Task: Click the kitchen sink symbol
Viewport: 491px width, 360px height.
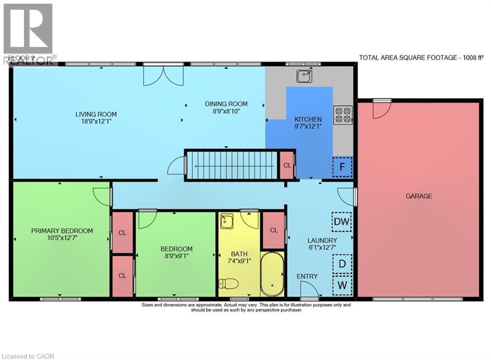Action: tap(303, 76)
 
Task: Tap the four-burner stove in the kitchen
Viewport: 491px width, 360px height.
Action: tap(343, 115)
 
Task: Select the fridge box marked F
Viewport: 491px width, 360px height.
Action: tap(342, 167)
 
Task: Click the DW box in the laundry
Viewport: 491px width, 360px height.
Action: tap(342, 221)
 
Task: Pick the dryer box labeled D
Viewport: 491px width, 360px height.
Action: tap(342, 264)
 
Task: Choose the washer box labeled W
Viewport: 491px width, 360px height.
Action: tap(342, 285)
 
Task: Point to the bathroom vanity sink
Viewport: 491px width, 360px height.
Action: tap(226, 222)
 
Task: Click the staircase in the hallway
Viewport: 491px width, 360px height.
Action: tap(233, 165)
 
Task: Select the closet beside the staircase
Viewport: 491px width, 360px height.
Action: tap(287, 165)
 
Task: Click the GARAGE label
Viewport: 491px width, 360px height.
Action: tap(419, 196)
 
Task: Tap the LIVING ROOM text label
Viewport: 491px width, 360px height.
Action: tap(96, 114)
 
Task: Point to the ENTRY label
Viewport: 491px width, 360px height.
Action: tap(307, 276)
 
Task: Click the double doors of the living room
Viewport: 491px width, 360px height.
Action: tap(163, 76)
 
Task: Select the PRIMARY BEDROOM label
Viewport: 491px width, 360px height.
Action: tap(62, 231)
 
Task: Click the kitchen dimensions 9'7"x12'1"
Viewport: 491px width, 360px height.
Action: tap(308, 127)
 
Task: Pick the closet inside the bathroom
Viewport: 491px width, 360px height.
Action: tap(274, 230)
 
